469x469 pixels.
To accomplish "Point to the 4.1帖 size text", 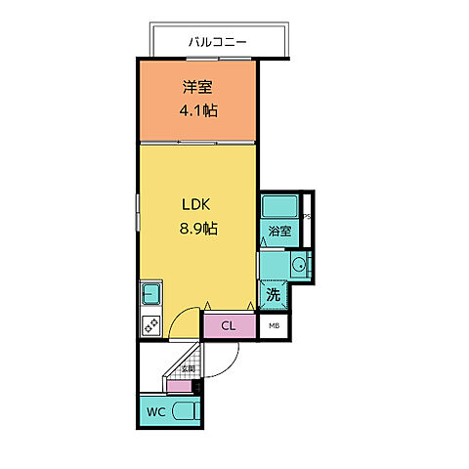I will pyautogui.click(x=197, y=110).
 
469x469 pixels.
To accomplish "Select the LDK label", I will pyautogui.click(x=197, y=205).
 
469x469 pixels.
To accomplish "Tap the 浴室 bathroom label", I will pyautogui.click(x=279, y=232).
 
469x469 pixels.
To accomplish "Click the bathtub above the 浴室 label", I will pyautogui.click(x=280, y=207).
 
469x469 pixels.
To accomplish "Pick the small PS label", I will pyautogui.click(x=306, y=218).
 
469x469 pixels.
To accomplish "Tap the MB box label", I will pyautogui.click(x=275, y=326).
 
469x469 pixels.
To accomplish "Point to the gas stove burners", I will pyautogui.click(x=151, y=325).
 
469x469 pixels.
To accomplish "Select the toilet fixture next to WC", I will pyautogui.click(x=186, y=412).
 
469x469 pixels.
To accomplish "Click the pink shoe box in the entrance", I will pyautogui.click(x=180, y=387).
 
